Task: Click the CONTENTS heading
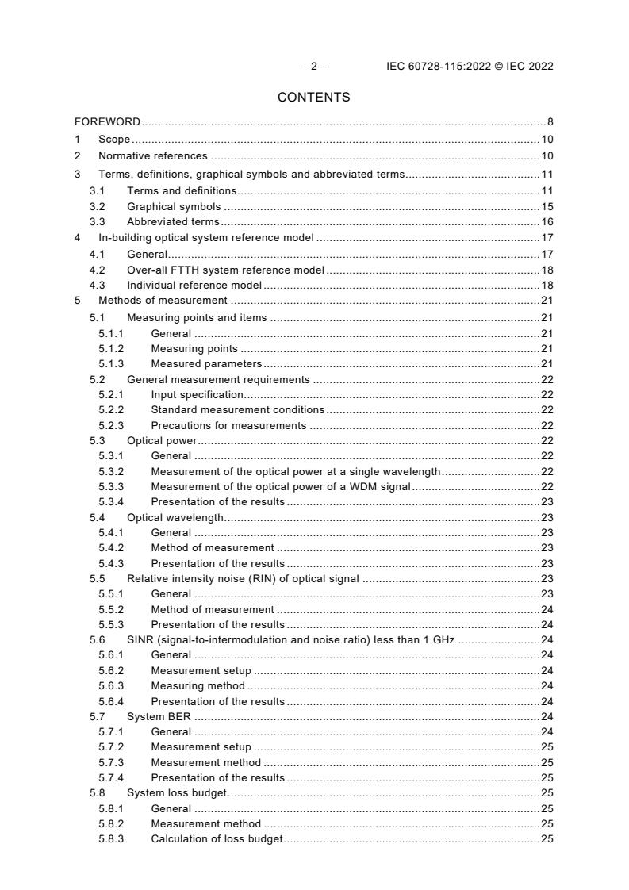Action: point(313,98)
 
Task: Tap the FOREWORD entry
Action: point(107,122)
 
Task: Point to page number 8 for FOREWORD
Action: point(550,122)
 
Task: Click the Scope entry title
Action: point(114,140)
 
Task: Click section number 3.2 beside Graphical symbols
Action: point(97,206)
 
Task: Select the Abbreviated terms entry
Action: point(173,222)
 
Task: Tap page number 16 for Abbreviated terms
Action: point(547,222)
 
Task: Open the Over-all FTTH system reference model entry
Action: point(225,270)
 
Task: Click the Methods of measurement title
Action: point(163,301)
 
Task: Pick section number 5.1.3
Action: point(110,364)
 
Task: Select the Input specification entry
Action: point(197,395)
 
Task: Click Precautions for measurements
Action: point(228,425)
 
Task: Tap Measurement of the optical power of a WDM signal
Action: point(280,487)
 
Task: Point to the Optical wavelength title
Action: point(175,518)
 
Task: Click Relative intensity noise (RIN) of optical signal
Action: point(243,579)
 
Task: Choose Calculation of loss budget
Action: point(217,839)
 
